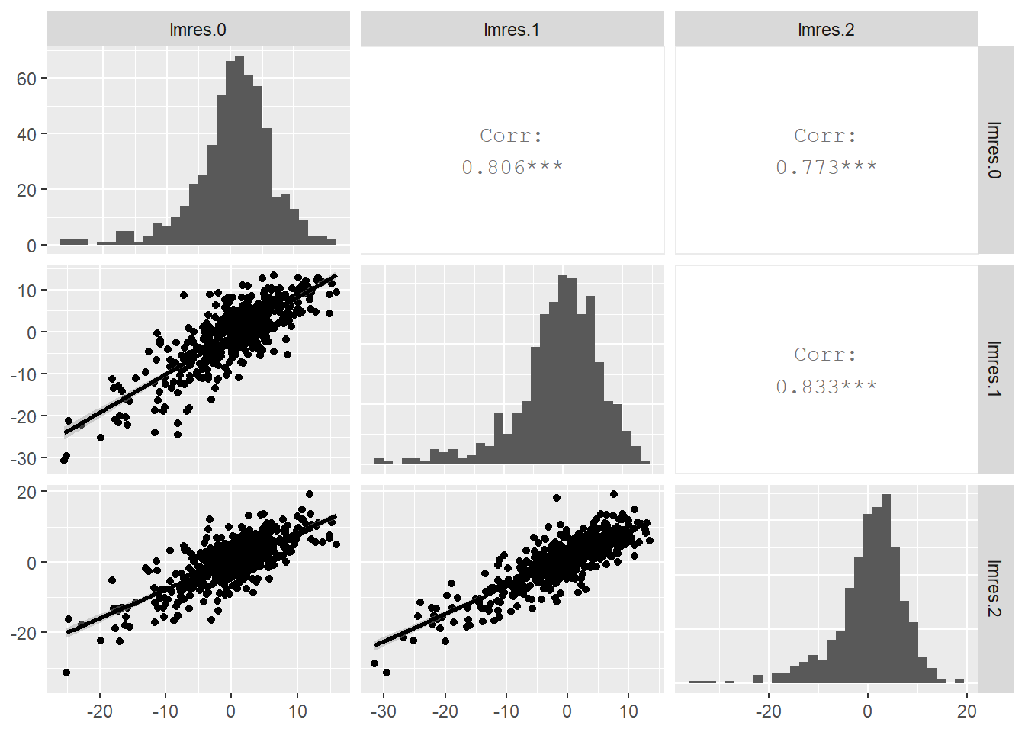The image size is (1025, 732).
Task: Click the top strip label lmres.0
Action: (198, 30)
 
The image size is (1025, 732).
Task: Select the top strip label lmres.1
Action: (512, 30)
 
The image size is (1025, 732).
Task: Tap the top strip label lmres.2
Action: (826, 30)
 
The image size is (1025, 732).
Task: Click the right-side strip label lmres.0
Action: (994, 150)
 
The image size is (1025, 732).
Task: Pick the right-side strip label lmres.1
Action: (994, 369)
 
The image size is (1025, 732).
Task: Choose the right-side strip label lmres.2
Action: (994, 588)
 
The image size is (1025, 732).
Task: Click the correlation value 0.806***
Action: (512, 167)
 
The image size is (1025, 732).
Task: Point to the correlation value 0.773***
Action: (826, 167)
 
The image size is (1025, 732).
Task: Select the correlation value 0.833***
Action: (826, 387)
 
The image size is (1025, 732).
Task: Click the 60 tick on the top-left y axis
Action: (27, 79)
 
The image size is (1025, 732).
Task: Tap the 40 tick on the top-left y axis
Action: (27, 134)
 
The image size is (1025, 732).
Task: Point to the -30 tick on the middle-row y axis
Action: (23, 458)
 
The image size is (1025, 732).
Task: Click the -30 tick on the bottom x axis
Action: (384, 711)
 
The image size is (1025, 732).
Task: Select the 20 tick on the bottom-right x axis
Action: (966, 711)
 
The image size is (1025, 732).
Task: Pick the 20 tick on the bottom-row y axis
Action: (27, 492)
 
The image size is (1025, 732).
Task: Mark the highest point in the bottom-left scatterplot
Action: (310, 494)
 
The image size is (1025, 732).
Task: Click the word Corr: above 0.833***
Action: (826, 355)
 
